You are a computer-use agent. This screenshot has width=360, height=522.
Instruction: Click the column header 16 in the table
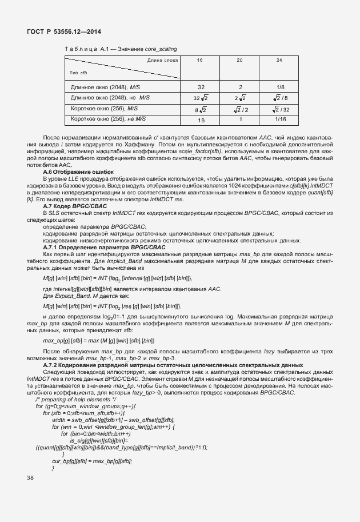(199, 60)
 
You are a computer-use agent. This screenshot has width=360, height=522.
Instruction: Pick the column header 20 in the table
(240, 60)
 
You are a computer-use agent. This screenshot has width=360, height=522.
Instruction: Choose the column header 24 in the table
(279, 60)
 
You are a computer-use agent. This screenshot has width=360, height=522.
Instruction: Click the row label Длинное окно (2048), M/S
(105, 87)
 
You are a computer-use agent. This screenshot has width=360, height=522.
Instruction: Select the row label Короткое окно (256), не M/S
(109, 119)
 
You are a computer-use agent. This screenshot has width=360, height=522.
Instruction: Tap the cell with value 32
(201, 87)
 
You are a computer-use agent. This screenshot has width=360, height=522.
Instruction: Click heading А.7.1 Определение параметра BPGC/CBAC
(105, 246)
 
